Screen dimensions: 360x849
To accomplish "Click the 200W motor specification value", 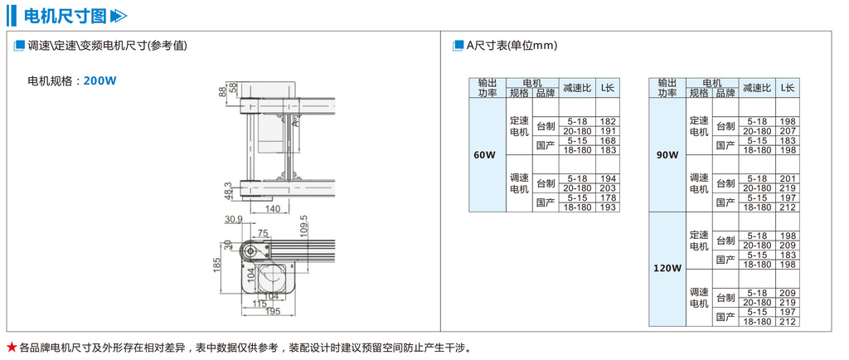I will point(100,81).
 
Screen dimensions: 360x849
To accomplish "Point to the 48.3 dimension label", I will point(227,190).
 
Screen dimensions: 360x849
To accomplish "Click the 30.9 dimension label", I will point(233,220).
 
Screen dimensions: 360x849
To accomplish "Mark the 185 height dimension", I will point(217,265).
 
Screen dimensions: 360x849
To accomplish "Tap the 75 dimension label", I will point(263,233).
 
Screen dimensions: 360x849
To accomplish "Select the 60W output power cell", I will point(484,154).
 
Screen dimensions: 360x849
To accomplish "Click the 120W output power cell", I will point(667,269).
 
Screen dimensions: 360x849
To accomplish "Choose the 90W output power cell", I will point(667,154).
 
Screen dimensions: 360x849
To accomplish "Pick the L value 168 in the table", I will point(608,140).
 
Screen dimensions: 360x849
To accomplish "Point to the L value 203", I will point(608,188).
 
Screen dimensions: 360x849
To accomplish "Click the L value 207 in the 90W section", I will point(788,131).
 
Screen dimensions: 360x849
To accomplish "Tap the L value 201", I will point(788,179).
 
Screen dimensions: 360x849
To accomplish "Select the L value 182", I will point(608,121).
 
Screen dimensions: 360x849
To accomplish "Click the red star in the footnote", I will point(11,346).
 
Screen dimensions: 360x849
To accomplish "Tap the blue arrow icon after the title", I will point(119,15).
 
